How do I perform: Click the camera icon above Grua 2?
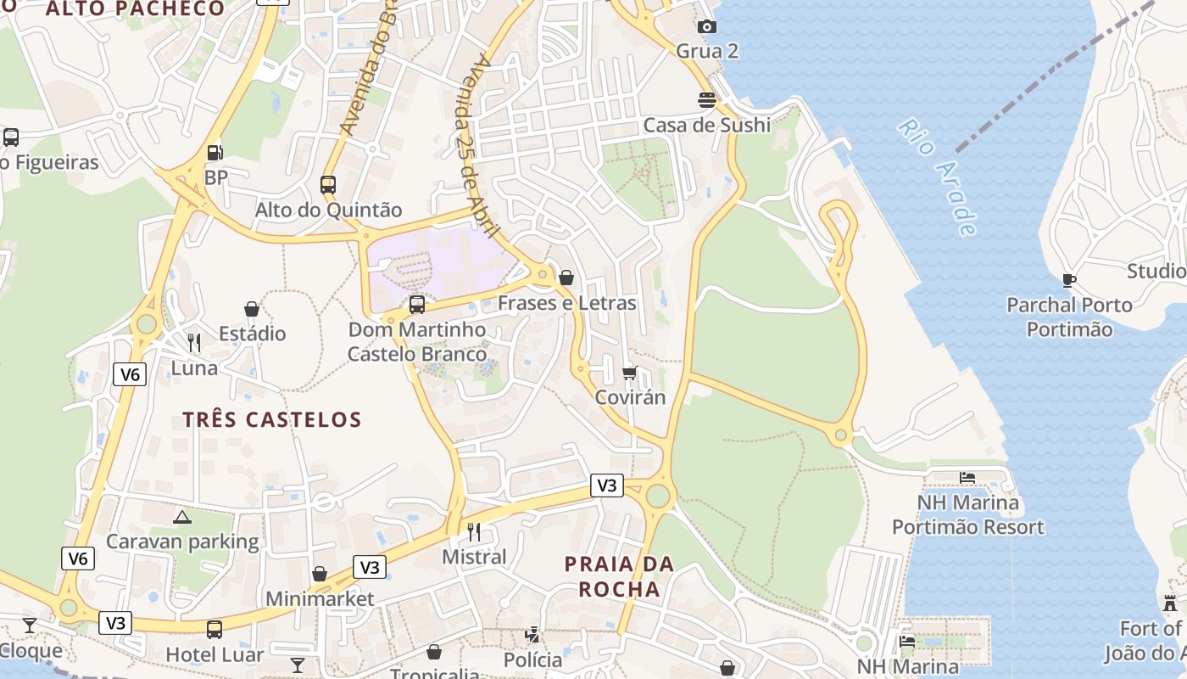[707, 27]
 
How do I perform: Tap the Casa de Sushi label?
[707, 125]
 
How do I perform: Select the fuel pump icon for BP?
[215, 153]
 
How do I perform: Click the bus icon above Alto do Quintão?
[328, 184]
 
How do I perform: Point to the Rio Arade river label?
[938, 177]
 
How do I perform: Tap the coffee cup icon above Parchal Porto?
[1069, 280]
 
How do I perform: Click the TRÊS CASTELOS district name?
[272, 419]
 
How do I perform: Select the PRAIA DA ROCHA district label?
[619, 576]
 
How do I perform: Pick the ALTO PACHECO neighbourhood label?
[136, 9]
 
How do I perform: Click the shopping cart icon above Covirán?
[629, 373]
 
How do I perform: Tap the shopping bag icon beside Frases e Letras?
[566, 278]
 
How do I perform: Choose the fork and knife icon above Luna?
[194, 343]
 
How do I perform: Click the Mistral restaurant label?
[475, 557]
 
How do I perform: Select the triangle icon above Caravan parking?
[182, 516]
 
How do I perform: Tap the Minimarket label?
[320, 598]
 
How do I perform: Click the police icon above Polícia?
[532, 635]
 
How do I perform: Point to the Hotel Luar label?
[215, 654]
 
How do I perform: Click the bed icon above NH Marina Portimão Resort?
[967, 478]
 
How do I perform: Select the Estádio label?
[252, 334]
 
